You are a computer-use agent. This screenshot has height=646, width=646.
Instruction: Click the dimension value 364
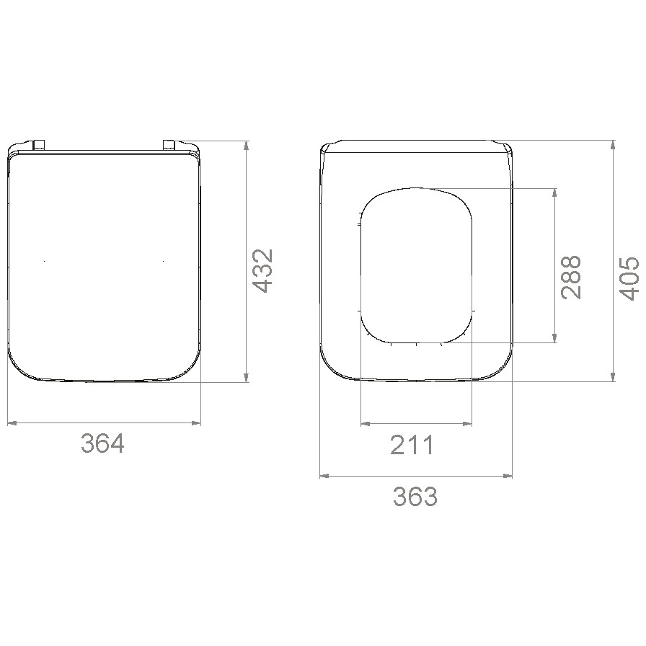click(102, 443)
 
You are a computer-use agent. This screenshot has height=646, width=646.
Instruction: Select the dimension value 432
click(262, 270)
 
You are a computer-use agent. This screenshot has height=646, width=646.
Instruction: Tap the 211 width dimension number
click(412, 445)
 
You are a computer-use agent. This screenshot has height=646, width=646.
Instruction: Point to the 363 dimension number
click(415, 496)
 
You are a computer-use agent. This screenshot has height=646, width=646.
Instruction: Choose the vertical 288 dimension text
click(570, 278)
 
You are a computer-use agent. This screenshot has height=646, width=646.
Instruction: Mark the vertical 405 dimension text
click(629, 278)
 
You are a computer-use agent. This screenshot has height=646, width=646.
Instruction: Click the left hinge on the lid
click(39, 144)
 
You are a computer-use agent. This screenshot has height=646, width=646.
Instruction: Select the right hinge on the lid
click(169, 144)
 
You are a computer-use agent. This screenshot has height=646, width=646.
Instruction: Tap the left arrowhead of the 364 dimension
click(12, 422)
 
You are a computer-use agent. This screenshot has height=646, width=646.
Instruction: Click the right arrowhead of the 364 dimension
click(196, 422)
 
